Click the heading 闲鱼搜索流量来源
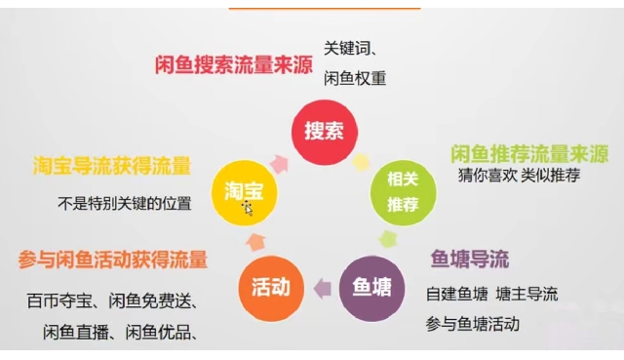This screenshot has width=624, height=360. coord(234,64)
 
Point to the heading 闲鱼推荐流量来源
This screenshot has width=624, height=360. coord(528,154)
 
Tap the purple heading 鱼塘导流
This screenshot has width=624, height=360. coord(469,260)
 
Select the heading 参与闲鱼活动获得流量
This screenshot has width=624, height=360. coord(112,260)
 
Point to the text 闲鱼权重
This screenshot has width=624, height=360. coord(355,78)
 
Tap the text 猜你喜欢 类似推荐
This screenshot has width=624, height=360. coord(520,177)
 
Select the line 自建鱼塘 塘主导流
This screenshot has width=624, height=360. coord(491,294)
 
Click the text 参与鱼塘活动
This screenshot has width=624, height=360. coord(473,323)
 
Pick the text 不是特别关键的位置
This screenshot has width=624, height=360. coord(123,204)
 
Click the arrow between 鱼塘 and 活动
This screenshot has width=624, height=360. coord(322,288)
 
